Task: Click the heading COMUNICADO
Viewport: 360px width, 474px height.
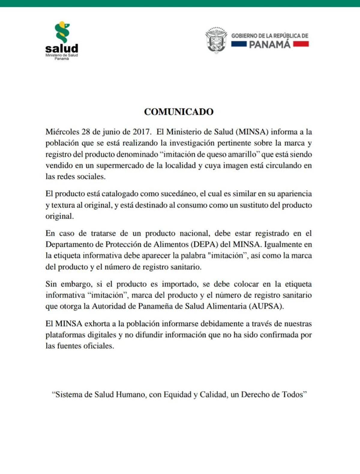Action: click(179, 112)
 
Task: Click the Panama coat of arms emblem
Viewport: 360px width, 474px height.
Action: click(216, 40)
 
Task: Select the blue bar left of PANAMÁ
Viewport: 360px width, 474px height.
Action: click(239, 44)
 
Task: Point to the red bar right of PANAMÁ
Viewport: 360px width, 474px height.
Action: click(301, 44)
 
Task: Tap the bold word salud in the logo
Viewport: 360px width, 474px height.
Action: click(62, 48)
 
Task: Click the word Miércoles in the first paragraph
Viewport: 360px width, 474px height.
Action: click(62, 132)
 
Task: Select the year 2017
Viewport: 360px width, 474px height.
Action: click(141, 132)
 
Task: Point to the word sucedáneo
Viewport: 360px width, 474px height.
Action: click(178, 194)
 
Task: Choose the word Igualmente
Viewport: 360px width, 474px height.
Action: click(283, 244)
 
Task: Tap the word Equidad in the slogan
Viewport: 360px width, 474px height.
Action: click(177, 394)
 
